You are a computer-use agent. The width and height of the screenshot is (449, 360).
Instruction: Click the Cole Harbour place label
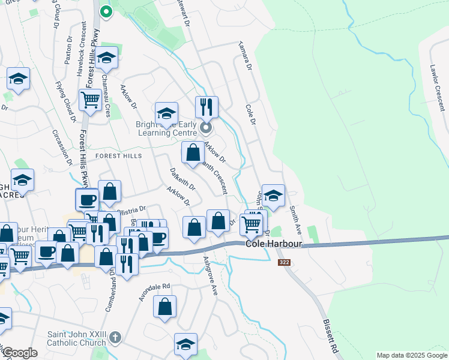pos(273,244)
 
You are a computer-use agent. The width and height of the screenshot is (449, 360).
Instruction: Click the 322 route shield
pos(285,263)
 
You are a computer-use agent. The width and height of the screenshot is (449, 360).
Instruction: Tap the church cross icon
pos(116,338)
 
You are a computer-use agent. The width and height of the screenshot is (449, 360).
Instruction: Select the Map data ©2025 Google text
pos(411,355)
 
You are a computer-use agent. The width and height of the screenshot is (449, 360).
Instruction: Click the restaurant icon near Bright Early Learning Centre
pos(206,108)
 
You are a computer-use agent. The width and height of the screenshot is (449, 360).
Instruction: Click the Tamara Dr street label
pos(244,55)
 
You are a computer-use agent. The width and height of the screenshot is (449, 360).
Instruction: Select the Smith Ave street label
pos(295,220)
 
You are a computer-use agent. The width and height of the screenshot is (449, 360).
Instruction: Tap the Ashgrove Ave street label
pos(210,276)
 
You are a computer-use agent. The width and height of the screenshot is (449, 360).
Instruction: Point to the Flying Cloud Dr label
pos(65,102)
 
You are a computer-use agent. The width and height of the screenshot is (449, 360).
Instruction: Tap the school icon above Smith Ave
pos(273,196)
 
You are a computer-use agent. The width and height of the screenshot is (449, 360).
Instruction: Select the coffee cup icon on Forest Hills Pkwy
pos(87,200)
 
